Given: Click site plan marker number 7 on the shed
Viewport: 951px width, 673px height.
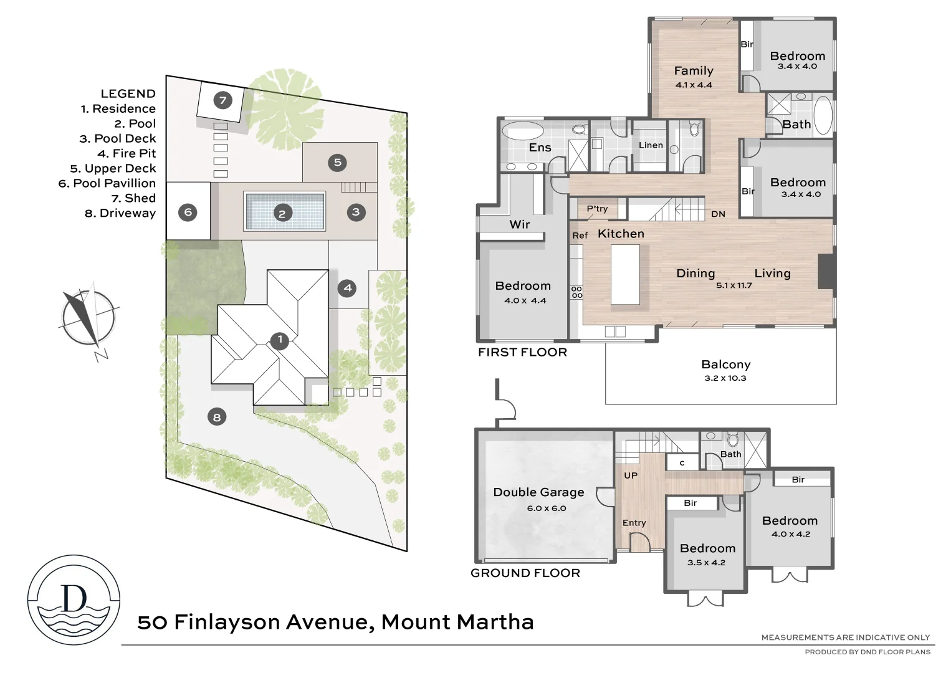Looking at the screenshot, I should (x=222, y=100).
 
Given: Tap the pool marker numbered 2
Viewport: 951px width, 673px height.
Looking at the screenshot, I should (x=282, y=213).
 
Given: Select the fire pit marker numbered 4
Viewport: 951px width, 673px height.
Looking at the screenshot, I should (x=348, y=288).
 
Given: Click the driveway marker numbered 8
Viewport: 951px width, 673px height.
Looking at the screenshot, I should (x=217, y=417).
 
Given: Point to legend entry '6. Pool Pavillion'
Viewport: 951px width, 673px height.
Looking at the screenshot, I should (x=107, y=183).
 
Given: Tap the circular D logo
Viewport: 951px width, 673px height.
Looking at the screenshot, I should (x=74, y=599).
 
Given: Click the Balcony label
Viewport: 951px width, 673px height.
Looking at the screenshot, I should (x=725, y=365).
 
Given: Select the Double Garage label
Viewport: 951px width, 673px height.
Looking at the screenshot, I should (x=538, y=492).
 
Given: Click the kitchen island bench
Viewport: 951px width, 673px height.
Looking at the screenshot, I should (x=625, y=274).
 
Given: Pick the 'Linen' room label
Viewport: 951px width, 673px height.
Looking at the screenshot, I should (x=651, y=145).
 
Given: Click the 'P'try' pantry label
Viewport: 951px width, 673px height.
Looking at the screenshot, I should (x=597, y=209).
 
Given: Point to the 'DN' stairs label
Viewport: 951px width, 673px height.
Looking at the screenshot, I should (x=718, y=214).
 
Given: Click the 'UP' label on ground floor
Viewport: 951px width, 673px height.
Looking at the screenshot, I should (x=631, y=475).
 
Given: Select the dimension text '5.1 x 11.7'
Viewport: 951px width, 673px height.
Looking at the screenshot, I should (x=734, y=285).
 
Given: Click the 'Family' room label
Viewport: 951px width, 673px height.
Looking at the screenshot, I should (x=694, y=71).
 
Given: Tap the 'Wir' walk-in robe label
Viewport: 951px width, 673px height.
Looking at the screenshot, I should (x=520, y=224).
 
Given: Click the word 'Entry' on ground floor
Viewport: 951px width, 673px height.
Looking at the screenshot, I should (x=634, y=523).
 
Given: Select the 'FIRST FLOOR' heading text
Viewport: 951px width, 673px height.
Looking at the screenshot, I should (x=522, y=352).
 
